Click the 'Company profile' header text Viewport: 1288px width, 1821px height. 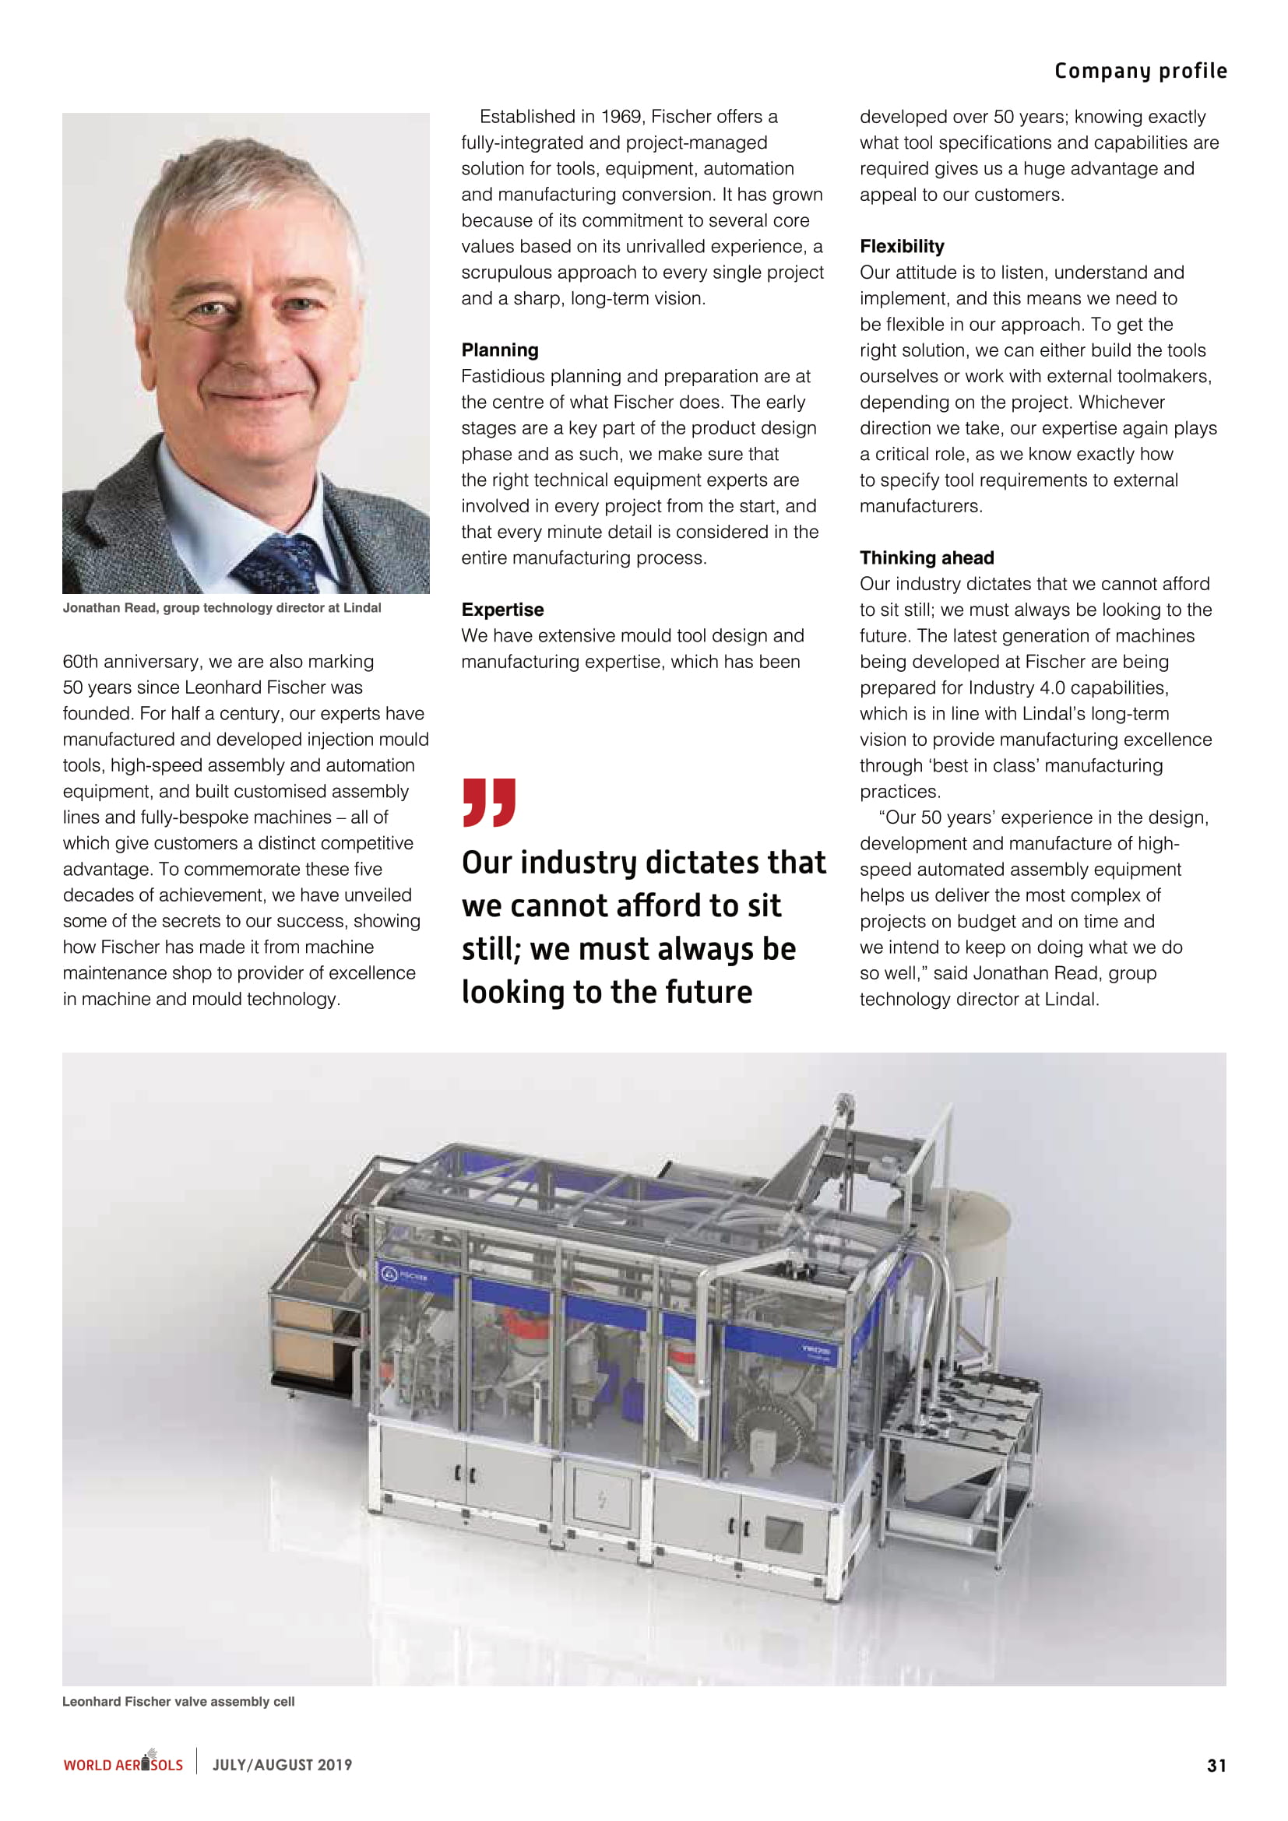1140,72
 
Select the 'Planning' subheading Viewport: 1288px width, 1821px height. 500,350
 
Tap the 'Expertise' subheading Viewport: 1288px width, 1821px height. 502,609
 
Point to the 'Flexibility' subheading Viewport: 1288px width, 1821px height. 902,246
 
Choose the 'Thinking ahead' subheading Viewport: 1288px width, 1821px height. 927,557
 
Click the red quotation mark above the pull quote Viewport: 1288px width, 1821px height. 488,802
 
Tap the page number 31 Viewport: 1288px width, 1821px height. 1216,1766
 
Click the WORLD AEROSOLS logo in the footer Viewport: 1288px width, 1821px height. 123,1764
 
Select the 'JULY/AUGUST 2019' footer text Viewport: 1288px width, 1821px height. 282,1765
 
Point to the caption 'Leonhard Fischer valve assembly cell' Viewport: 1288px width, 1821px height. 178,1701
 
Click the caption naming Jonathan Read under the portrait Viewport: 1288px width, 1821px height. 222,607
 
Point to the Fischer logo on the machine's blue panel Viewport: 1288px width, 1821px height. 403,1276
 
